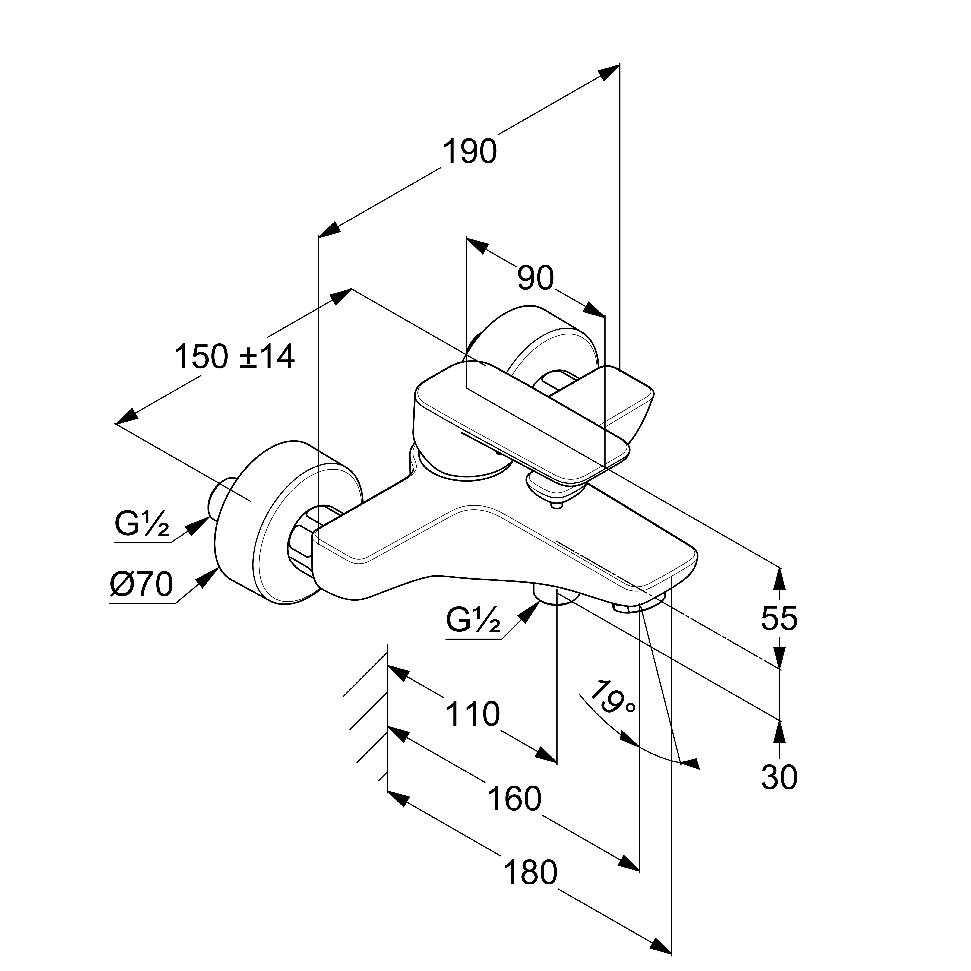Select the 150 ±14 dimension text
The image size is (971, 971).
coord(234,357)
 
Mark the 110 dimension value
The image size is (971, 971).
coord(473,714)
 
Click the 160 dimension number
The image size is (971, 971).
coord(515,799)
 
